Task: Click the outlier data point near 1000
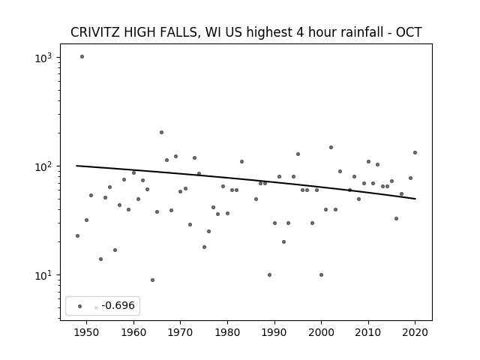pyautogui.click(x=82, y=57)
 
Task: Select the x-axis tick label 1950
pyautogui.click(x=87, y=332)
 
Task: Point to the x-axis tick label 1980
pyautogui.click(x=227, y=332)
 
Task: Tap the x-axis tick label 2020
pyautogui.click(x=415, y=332)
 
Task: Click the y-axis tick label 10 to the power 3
pyautogui.click(x=43, y=58)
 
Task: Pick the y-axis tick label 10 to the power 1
pyautogui.click(x=43, y=275)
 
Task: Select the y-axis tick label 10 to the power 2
pyautogui.click(x=43, y=166)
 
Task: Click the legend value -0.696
pyautogui.click(x=118, y=305)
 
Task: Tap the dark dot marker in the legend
pyautogui.click(x=80, y=307)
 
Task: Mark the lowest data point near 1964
pyautogui.click(x=152, y=280)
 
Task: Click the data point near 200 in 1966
pyautogui.click(x=162, y=133)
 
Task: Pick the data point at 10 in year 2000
pyautogui.click(x=321, y=275)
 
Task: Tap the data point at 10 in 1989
pyautogui.click(x=269, y=275)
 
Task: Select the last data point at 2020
pyautogui.click(x=415, y=153)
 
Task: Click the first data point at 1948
pyautogui.click(x=77, y=236)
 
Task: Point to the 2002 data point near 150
pyautogui.click(x=331, y=148)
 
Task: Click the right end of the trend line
pyautogui.click(x=415, y=199)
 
